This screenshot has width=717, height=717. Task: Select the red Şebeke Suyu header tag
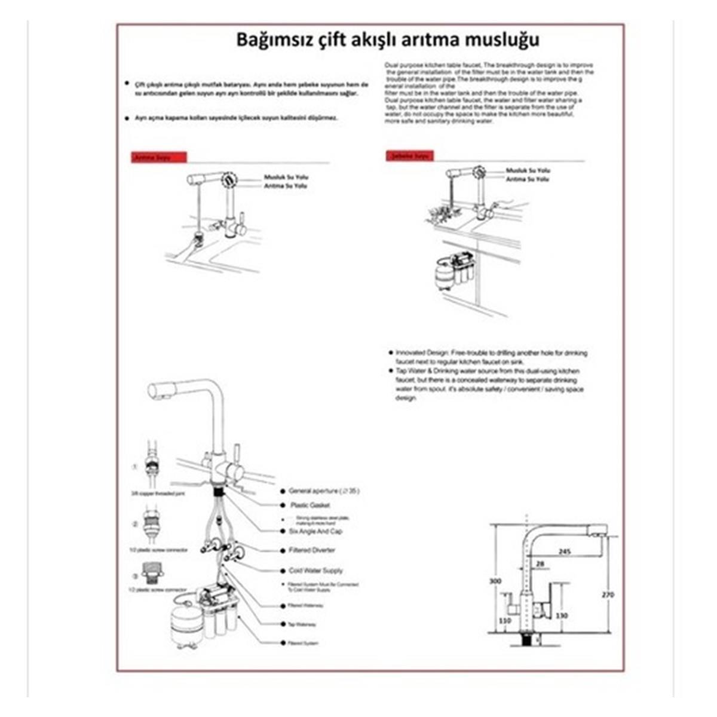pos(410,156)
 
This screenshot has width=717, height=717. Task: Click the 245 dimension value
pos(565,551)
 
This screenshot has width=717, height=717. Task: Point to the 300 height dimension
pos(495,581)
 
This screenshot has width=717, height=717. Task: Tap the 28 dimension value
pos(541,563)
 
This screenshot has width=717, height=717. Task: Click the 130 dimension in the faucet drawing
pos(562,615)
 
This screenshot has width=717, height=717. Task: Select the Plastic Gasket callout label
pos(310,505)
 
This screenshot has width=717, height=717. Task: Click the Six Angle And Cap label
pos(315,531)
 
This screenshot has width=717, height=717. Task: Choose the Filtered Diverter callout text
pos(311,550)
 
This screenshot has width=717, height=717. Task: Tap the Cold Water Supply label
pos(315,571)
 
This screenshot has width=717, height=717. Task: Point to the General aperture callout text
pos(324,491)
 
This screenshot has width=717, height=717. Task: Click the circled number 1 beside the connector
pos(135,467)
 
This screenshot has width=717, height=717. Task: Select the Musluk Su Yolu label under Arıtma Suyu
pos(286,177)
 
